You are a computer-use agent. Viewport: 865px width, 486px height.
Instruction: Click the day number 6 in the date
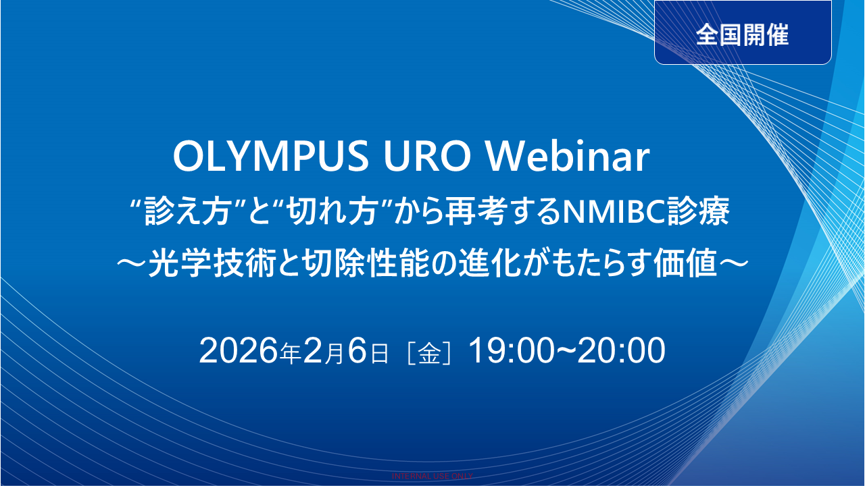(x=358, y=352)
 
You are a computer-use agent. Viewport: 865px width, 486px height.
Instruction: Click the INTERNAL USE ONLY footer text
(x=432, y=476)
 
